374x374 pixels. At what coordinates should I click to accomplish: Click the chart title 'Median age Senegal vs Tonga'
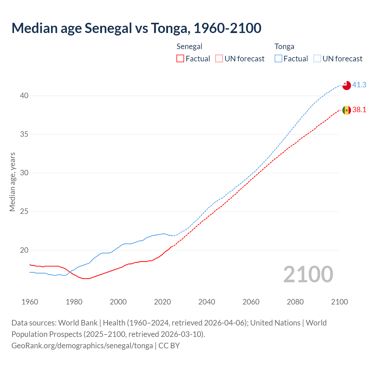(x=136, y=28)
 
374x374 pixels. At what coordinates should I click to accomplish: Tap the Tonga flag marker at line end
(x=347, y=85)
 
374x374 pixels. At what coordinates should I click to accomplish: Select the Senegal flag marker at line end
(x=347, y=110)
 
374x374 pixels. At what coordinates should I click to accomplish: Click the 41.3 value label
(x=359, y=85)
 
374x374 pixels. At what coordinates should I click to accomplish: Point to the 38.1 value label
(x=359, y=110)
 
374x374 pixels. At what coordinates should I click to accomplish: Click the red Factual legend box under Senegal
(x=180, y=59)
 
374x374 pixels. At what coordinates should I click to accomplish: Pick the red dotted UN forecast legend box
(x=219, y=59)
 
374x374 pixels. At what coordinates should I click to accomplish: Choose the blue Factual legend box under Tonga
(x=278, y=59)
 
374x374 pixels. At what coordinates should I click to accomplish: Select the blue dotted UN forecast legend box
(x=317, y=59)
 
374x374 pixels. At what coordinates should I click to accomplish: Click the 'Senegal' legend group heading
(x=189, y=46)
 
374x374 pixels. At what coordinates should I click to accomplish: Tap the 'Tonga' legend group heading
(x=284, y=46)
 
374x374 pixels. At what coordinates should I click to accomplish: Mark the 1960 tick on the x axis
(x=30, y=302)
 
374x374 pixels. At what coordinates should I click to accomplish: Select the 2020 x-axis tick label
(x=162, y=302)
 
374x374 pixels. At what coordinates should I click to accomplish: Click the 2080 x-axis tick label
(x=295, y=302)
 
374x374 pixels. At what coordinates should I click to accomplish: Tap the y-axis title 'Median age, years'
(x=12, y=182)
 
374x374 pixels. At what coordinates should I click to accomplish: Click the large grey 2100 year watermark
(x=308, y=274)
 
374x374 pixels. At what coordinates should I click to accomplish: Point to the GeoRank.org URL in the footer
(x=82, y=346)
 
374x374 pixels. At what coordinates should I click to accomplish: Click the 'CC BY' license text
(x=169, y=346)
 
